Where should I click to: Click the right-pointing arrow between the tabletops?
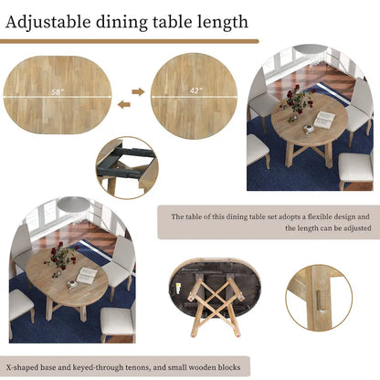point(139,90)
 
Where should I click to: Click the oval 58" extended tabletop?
point(57,95)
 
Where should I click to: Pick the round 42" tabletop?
point(194,95)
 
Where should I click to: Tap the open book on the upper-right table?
point(323,119)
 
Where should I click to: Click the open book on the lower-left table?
point(88,274)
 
